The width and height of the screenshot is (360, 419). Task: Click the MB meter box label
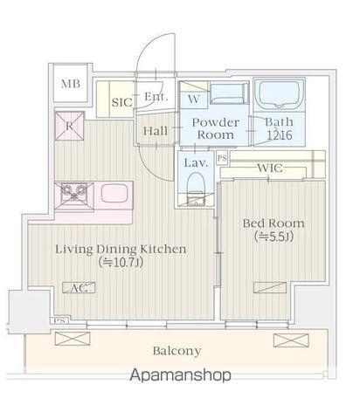click(71, 84)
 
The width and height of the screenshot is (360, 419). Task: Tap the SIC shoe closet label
click(122, 102)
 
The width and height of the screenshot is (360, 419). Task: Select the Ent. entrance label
click(156, 97)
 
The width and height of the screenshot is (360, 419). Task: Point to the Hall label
click(156, 131)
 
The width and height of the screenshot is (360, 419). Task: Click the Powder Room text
click(216, 128)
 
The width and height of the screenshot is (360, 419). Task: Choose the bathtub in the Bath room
click(279, 94)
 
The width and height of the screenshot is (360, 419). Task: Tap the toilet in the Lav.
click(196, 189)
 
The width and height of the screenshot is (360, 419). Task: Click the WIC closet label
click(270, 168)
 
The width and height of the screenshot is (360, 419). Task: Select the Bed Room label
click(273, 223)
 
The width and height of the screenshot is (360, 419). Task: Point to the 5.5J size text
click(273, 237)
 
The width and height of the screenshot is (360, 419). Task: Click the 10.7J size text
click(121, 263)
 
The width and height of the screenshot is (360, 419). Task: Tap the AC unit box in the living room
click(79, 288)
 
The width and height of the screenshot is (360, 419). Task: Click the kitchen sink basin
click(114, 193)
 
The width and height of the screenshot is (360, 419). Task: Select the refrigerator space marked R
click(69, 126)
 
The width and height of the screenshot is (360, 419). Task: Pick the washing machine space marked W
click(194, 95)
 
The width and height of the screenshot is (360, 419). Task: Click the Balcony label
click(177, 351)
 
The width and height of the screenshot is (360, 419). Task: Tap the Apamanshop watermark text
click(180, 375)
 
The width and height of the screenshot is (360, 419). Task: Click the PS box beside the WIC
click(222, 159)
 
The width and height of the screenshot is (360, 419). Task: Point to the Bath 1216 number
click(280, 135)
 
